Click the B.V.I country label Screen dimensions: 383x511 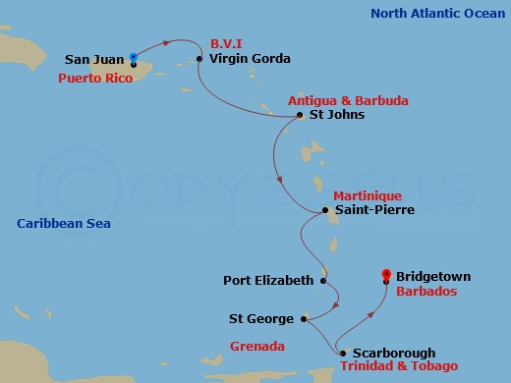coord(226,44)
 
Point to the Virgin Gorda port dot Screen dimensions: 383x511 coord(199,59)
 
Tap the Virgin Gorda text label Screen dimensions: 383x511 coord(250,59)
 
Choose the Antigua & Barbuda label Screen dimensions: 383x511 coord(348,100)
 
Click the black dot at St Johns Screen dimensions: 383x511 coord(300,116)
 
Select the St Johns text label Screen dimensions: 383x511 coord(337,115)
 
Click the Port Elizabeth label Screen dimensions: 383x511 coord(268,280)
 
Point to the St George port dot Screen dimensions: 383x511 coord(305,318)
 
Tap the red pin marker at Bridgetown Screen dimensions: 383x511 coord(387,277)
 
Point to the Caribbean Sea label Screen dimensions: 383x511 coord(64,224)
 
